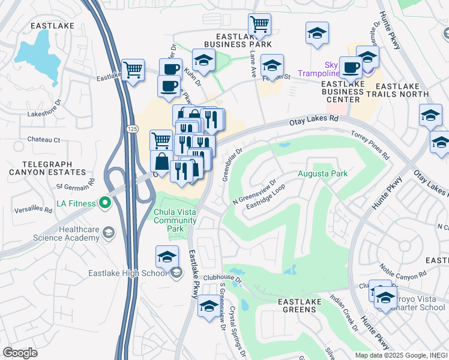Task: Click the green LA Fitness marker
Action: (106, 203)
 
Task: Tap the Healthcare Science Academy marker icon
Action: (108, 232)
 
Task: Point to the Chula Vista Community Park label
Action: (175, 220)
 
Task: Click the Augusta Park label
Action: (323, 174)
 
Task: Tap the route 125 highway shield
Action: (132, 129)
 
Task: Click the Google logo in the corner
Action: (20, 352)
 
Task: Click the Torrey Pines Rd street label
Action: (370, 145)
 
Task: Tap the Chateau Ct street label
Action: (44, 140)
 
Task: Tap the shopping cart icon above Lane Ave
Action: (259, 25)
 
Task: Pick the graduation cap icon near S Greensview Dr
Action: (208, 305)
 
